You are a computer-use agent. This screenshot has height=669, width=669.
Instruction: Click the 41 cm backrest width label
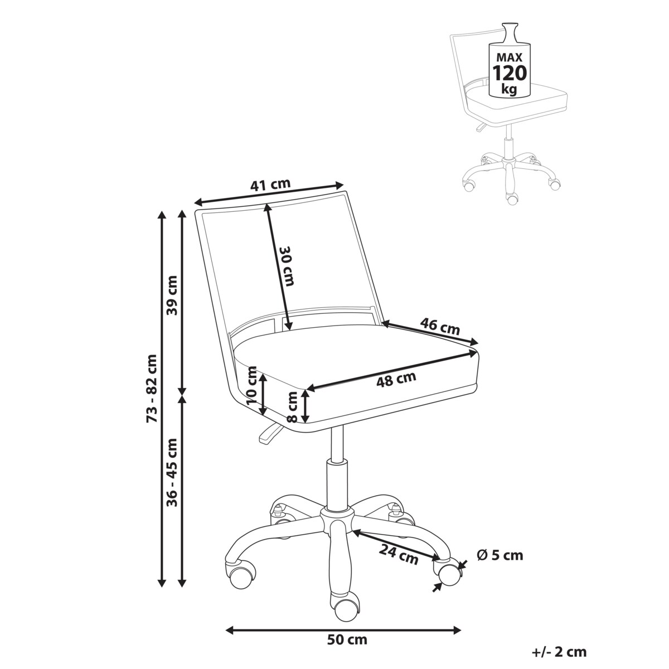coord(270,185)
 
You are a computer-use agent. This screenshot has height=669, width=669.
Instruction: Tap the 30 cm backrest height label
coord(287,266)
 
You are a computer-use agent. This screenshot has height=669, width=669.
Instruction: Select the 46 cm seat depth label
coord(440,327)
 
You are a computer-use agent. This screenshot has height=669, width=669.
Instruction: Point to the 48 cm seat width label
coord(396,379)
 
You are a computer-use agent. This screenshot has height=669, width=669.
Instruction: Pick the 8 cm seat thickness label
coord(293,407)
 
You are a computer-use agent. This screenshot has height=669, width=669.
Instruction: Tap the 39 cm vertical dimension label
coord(172,295)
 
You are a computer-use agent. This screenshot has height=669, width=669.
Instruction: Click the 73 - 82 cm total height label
coord(152,388)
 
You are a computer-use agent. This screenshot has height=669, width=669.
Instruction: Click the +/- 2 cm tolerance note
coord(559,652)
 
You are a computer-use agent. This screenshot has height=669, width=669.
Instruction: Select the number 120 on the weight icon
coord(510,73)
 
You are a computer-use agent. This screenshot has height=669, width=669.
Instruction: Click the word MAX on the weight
coord(510,57)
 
